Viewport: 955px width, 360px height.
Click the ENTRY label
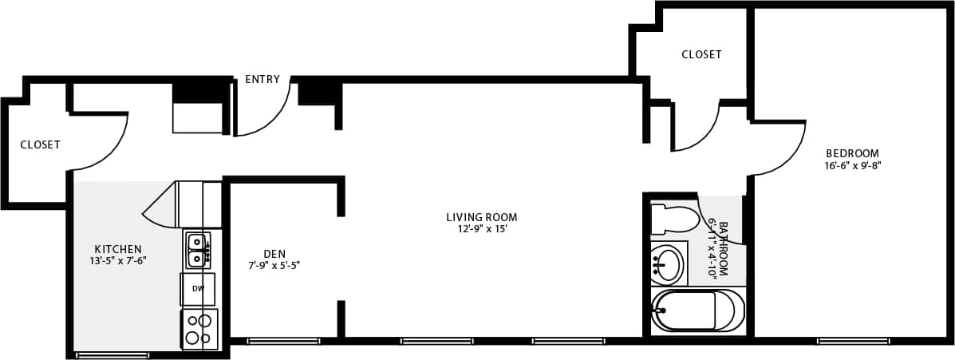(x=262, y=80)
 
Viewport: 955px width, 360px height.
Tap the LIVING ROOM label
(x=481, y=217)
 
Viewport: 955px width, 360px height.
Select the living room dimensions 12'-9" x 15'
(x=481, y=229)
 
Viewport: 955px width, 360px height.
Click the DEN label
(x=274, y=254)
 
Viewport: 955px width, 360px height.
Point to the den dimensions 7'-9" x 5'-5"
(x=274, y=265)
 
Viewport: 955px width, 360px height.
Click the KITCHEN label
(x=118, y=249)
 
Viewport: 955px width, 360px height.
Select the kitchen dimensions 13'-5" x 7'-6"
(x=118, y=260)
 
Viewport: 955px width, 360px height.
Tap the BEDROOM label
(x=852, y=154)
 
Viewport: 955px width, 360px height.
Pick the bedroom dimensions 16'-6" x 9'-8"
(x=852, y=166)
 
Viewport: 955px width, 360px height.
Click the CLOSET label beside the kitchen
(x=40, y=145)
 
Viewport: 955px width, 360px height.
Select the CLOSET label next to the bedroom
(x=701, y=55)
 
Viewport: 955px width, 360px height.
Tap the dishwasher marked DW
(x=198, y=289)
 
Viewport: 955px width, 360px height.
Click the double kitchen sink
(x=197, y=249)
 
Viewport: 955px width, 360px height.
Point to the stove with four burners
(x=199, y=329)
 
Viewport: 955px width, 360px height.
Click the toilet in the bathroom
(x=674, y=218)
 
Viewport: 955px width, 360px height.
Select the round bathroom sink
(x=668, y=263)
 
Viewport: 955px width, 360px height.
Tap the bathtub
(x=697, y=311)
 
